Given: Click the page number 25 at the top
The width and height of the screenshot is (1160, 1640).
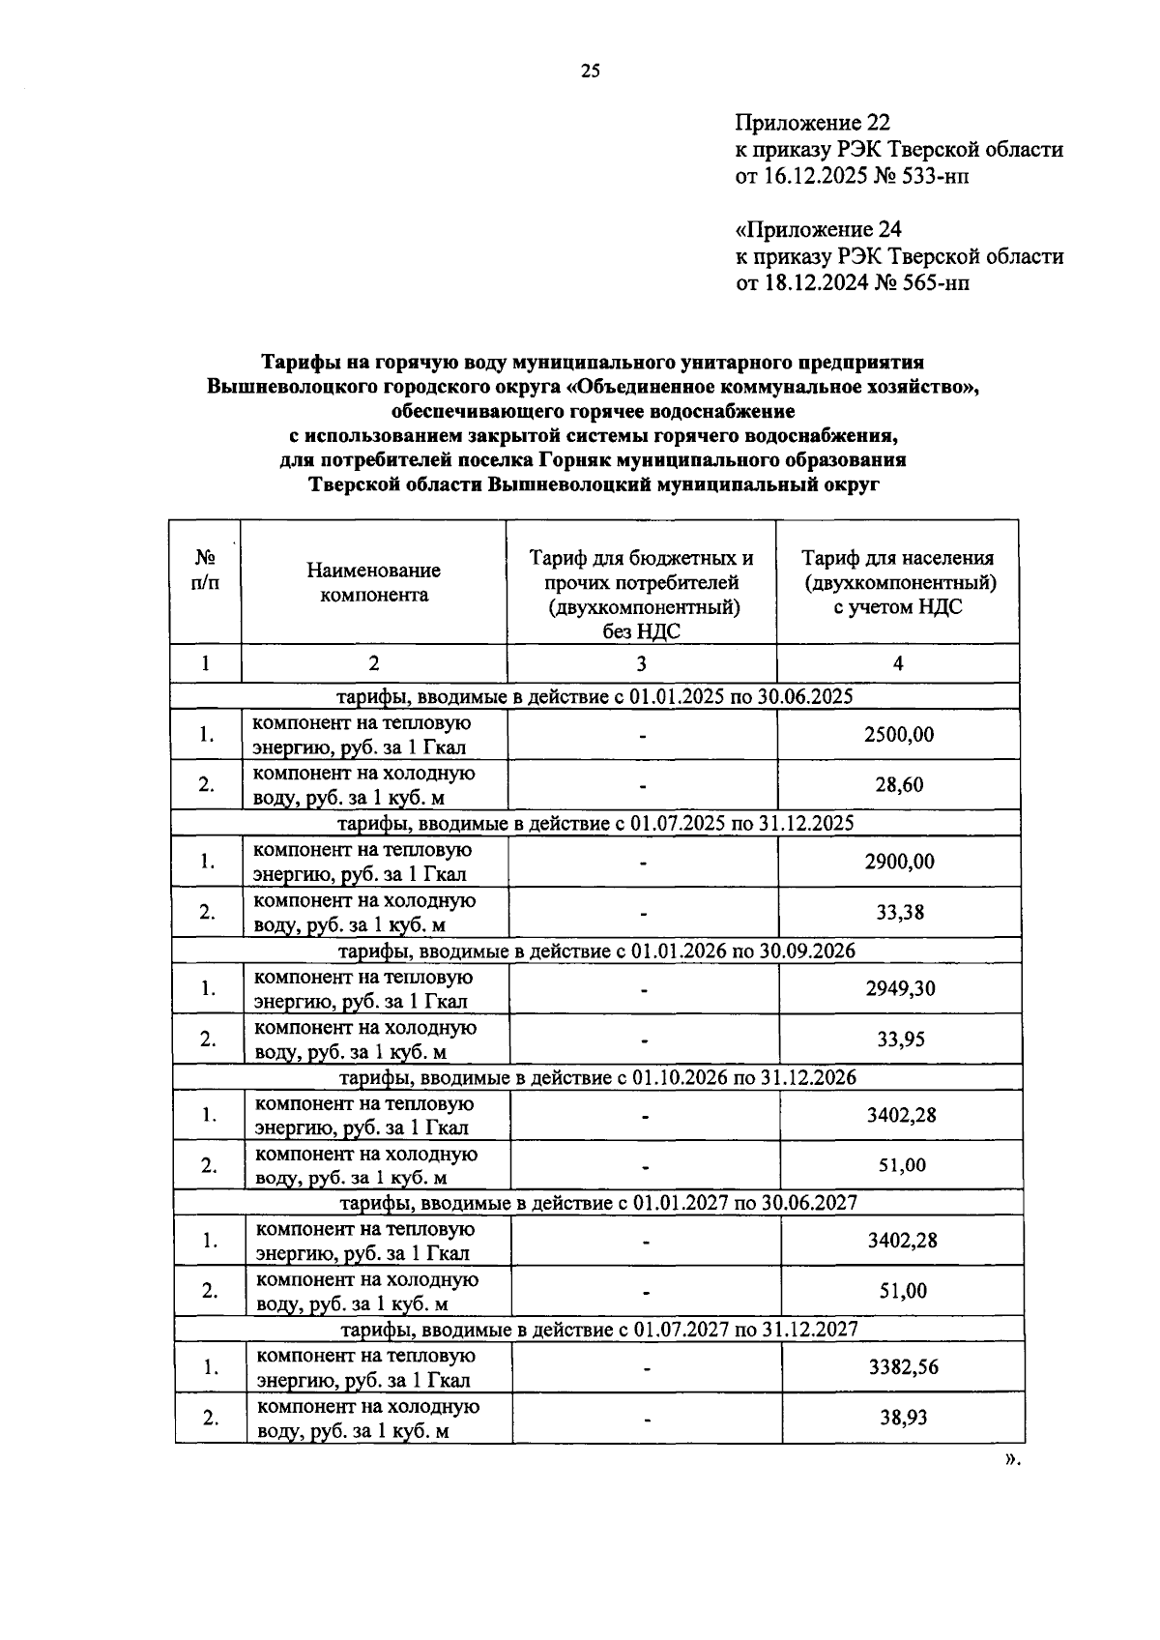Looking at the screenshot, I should tap(590, 70).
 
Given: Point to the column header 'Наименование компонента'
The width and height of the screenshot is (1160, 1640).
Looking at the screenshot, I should tap(373, 582).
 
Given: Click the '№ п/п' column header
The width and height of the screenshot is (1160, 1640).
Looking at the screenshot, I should tap(205, 571).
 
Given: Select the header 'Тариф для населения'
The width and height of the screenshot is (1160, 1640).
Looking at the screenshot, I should tap(897, 558).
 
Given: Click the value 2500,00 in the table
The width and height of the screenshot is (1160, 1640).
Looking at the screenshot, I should tap(898, 734).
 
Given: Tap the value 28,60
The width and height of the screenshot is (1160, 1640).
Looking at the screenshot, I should tap(898, 784).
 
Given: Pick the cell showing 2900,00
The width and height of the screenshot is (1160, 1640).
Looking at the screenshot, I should tap(898, 861).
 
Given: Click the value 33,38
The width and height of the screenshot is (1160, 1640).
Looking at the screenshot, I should tap(898, 912).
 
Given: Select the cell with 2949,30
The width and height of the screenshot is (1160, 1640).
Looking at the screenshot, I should tap(899, 988).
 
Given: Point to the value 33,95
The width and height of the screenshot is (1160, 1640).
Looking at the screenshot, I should tap(899, 1040).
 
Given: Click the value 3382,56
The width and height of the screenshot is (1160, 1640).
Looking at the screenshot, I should tap(903, 1367).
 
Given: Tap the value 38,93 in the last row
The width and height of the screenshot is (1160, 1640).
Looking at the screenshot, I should tap(903, 1418).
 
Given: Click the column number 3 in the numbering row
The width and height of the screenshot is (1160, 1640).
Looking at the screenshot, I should tap(641, 663).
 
